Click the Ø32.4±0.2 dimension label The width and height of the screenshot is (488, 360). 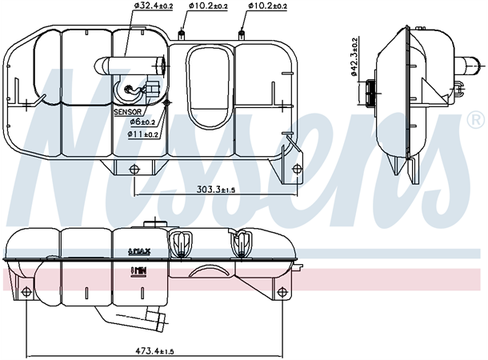pyautogui.click(x=154, y=6)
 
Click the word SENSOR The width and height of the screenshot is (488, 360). pyautogui.click(x=130, y=113)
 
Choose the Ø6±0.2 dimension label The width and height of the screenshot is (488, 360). pyautogui.click(x=144, y=122)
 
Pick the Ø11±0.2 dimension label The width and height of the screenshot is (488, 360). pyautogui.click(x=146, y=134)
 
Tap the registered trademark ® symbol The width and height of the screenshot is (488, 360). pyautogui.click(x=474, y=121)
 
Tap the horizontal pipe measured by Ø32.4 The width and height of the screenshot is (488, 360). pyautogui.click(x=131, y=63)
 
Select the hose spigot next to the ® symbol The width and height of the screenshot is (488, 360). pyautogui.click(x=459, y=71)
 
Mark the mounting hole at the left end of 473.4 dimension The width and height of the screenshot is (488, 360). pyautogui.click(x=27, y=290)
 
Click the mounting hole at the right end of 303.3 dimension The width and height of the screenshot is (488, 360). pyautogui.click(x=298, y=167)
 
